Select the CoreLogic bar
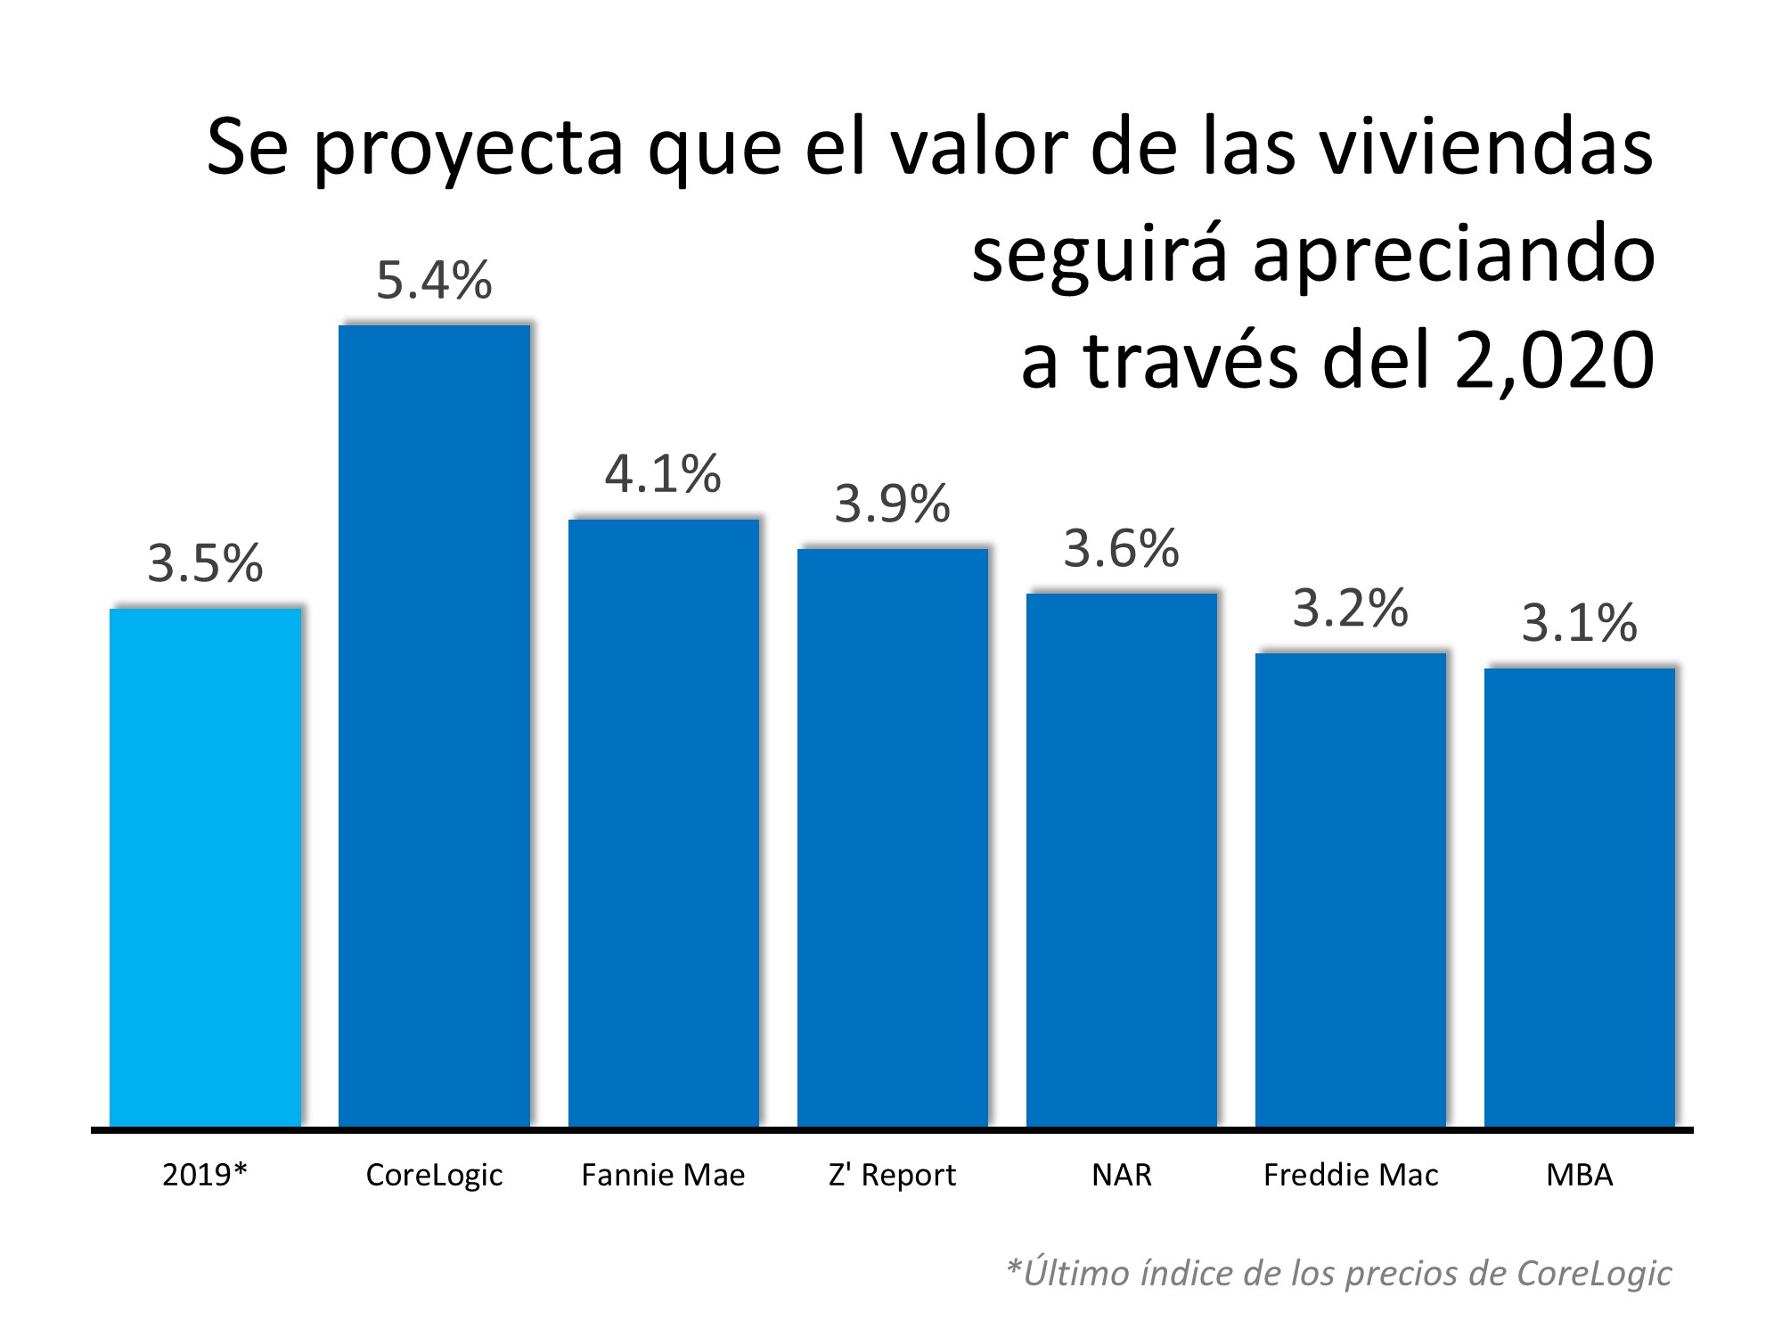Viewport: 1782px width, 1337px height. click(x=434, y=726)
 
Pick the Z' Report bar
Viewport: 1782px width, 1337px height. click(x=892, y=838)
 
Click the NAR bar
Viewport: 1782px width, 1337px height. click(x=1121, y=860)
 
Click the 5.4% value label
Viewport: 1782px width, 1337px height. click(x=434, y=280)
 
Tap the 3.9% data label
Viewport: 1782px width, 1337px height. click(x=892, y=504)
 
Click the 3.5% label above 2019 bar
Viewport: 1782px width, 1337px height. click(x=205, y=563)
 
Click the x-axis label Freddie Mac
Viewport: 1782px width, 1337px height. click(x=1350, y=1175)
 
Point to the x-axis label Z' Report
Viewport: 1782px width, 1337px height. click(x=892, y=1175)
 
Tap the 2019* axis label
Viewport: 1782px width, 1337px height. click(x=205, y=1175)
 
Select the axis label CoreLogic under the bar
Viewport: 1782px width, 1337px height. click(x=434, y=1175)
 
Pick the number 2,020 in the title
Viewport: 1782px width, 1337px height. click(x=1555, y=361)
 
